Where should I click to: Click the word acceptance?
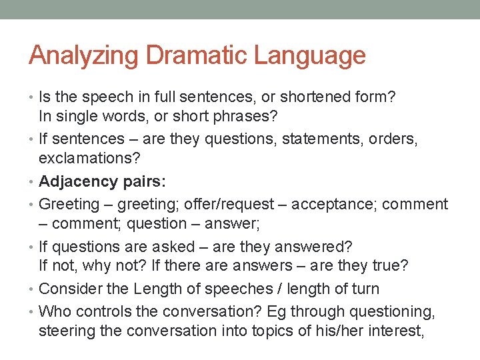[x=340, y=205]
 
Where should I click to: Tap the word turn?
[x=363, y=289]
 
